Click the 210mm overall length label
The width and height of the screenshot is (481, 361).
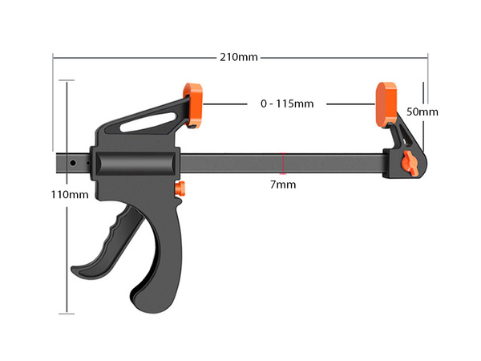239,56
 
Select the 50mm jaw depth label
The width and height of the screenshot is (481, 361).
422,112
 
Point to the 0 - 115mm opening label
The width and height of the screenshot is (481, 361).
287,104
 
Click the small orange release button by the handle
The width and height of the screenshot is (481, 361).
180,189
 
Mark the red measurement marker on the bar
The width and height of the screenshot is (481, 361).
281,163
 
